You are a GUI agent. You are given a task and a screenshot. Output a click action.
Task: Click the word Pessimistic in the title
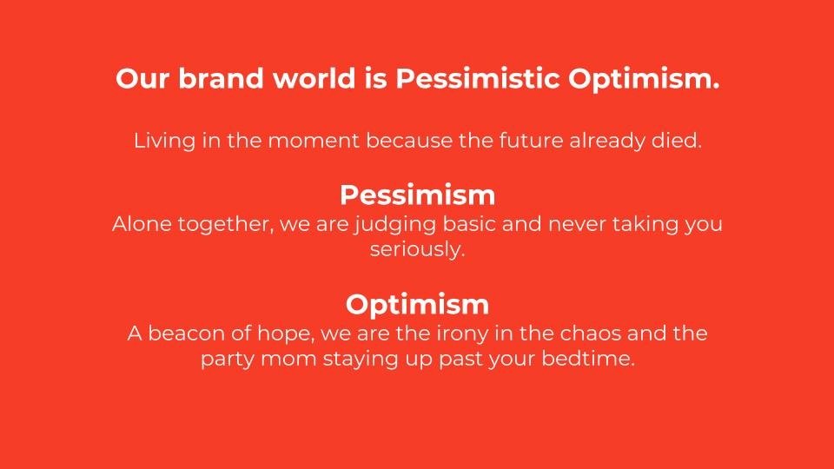477,78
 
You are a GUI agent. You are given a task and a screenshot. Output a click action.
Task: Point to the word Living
165,141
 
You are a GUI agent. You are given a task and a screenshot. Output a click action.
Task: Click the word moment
314,141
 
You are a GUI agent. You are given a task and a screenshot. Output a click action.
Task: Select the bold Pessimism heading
418,195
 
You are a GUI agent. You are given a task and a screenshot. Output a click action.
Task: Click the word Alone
142,223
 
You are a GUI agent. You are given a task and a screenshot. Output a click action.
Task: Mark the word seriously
418,250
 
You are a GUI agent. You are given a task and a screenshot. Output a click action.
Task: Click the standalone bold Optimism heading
418,305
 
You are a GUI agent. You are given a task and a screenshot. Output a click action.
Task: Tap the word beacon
186,334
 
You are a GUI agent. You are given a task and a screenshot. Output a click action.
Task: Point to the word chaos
591,334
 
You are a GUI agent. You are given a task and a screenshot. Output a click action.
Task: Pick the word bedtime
588,359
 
